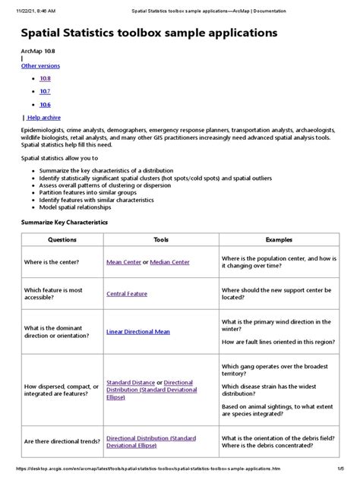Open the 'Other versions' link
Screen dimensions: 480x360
(x=39, y=66)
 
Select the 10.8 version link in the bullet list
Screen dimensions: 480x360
(x=45, y=78)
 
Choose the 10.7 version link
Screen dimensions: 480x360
(x=45, y=90)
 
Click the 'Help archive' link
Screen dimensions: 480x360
(x=43, y=117)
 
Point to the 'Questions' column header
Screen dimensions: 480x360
(x=62, y=238)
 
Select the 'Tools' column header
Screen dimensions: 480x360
(x=160, y=238)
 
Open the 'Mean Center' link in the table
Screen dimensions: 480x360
(x=125, y=261)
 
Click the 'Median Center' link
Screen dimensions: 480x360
(x=171, y=261)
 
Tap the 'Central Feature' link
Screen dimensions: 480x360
(x=127, y=292)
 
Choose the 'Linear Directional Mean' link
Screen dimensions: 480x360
(x=138, y=331)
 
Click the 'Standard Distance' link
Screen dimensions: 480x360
(x=131, y=383)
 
